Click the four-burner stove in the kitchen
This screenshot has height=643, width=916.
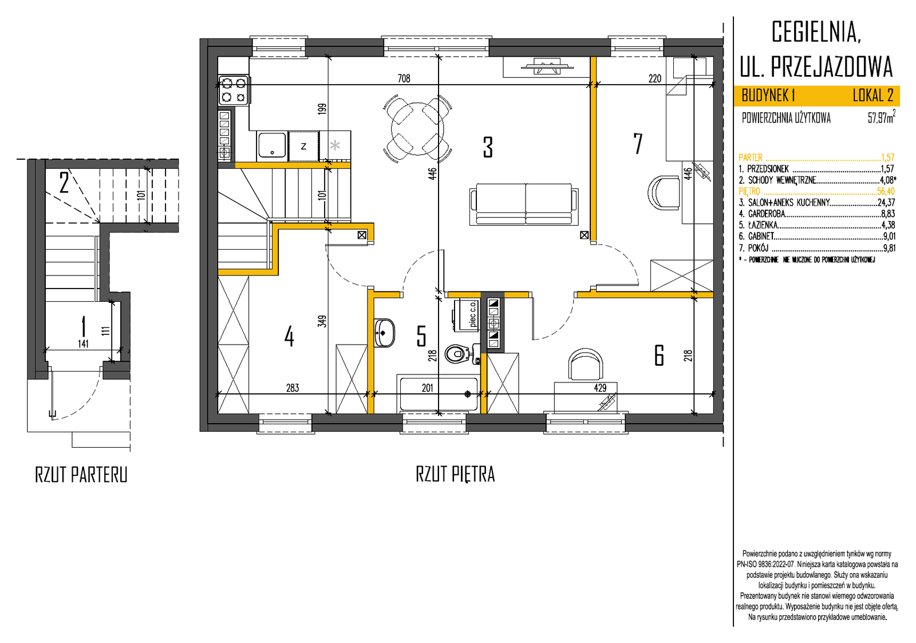click(x=234, y=90)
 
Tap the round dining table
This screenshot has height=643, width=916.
click(x=417, y=128)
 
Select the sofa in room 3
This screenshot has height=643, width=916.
click(x=524, y=204)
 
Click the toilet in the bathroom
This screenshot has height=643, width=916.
click(x=462, y=353)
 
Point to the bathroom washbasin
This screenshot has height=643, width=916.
click(x=384, y=333)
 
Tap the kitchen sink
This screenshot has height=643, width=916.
click(x=271, y=145)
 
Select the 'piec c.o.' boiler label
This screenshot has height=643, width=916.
click(x=473, y=314)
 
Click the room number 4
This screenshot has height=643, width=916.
click(x=289, y=337)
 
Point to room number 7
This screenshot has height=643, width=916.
click(x=638, y=144)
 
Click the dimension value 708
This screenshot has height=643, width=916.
click(x=404, y=78)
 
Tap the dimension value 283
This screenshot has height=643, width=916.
click(x=293, y=388)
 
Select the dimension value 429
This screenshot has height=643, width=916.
click(x=601, y=388)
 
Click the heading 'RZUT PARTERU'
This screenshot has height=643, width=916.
click(x=81, y=475)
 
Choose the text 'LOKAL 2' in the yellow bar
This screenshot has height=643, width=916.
click(x=872, y=96)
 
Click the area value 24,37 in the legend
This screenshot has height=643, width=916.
click(x=886, y=203)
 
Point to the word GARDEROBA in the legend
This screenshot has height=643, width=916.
click(x=767, y=214)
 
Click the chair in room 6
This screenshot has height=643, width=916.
click(x=586, y=364)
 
